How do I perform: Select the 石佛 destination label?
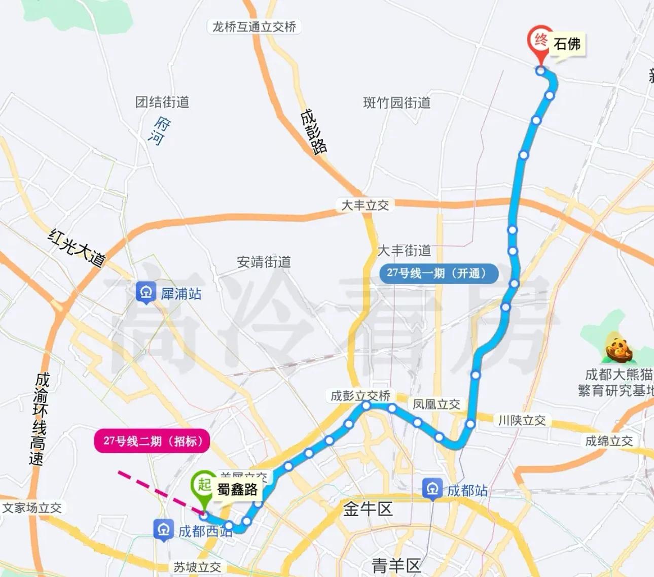coord(567,44)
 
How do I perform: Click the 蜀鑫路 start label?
coord(237,490)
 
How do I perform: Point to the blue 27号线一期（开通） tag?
coord(439,273)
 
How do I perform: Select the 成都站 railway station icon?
coord(432,490)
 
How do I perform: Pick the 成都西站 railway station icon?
coord(163,531)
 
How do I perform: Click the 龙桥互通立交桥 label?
coord(254,27)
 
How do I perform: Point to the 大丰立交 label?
coord(365,205)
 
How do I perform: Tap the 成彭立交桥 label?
coord(360,396)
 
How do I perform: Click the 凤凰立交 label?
coord(436,404)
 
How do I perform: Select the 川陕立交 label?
coord(522,420)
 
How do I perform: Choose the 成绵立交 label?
coord(609,441)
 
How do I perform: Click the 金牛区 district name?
coord(368,509)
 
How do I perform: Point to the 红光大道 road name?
coord(77,247)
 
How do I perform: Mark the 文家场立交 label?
coord(32,507)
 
